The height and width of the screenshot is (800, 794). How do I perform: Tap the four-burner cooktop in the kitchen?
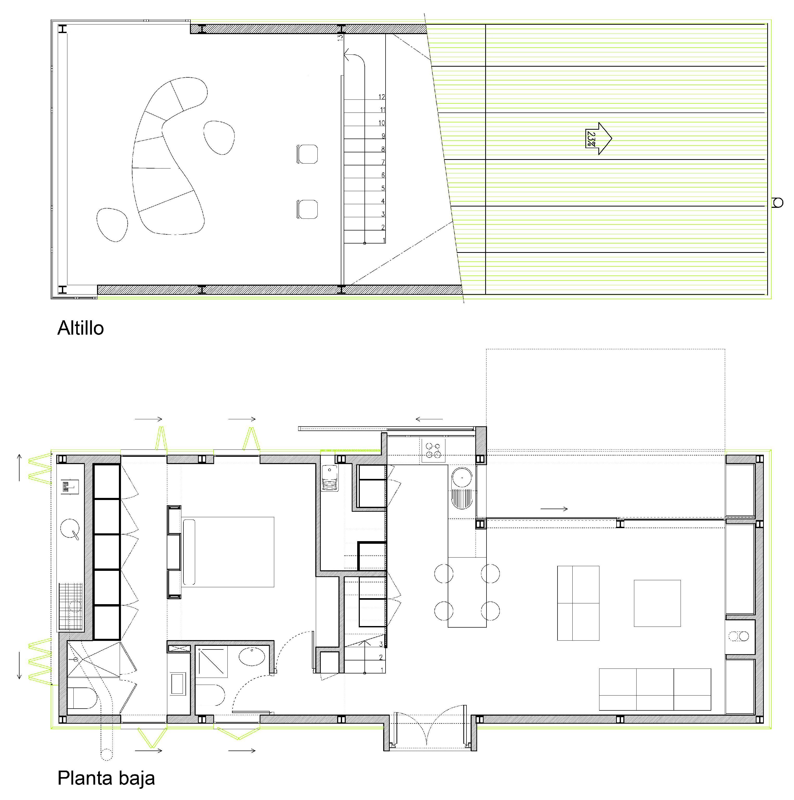click(x=433, y=450)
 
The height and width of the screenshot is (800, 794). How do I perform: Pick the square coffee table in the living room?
click(x=657, y=603)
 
